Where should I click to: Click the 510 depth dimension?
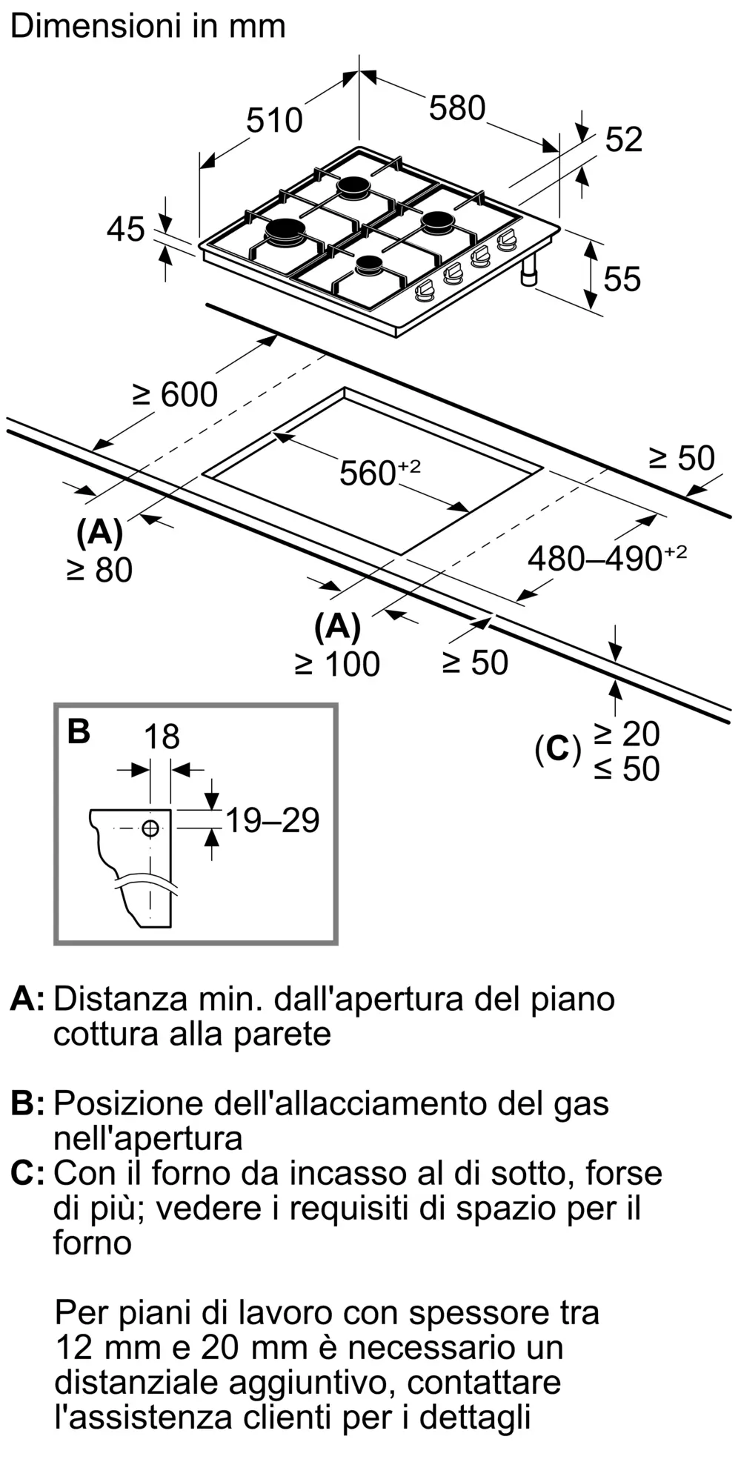click(274, 121)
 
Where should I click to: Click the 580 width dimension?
click(456, 109)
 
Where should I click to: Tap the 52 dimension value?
click(624, 140)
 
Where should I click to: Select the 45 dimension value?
click(126, 230)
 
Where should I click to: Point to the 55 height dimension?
click(622, 279)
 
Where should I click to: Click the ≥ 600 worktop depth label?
click(176, 394)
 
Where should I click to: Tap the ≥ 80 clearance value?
click(100, 570)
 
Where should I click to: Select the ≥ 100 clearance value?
click(338, 664)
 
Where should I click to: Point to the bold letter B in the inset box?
click(79, 731)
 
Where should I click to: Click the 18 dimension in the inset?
click(161, 737)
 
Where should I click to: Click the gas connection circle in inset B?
click(150, 828)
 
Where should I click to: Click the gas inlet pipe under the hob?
click(529, 273)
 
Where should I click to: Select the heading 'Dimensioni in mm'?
click(148, 27)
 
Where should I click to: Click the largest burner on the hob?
click(285, 232)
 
